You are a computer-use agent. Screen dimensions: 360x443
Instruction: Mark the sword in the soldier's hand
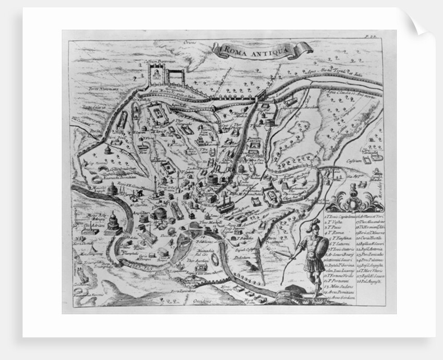coord(286,257)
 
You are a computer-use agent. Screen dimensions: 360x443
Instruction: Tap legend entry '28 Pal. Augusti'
coord(369,282)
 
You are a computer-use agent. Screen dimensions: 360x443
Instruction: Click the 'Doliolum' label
coord(243,257)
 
